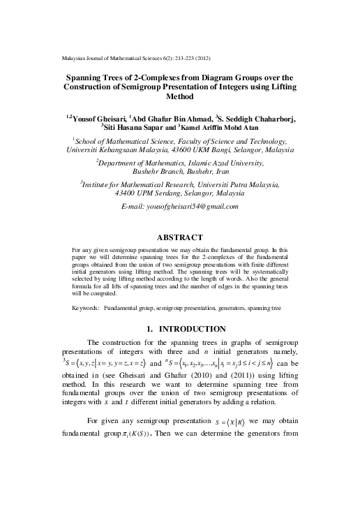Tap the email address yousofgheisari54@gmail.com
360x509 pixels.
pos(180,207)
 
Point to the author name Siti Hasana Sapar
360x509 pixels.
pos(142,128)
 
